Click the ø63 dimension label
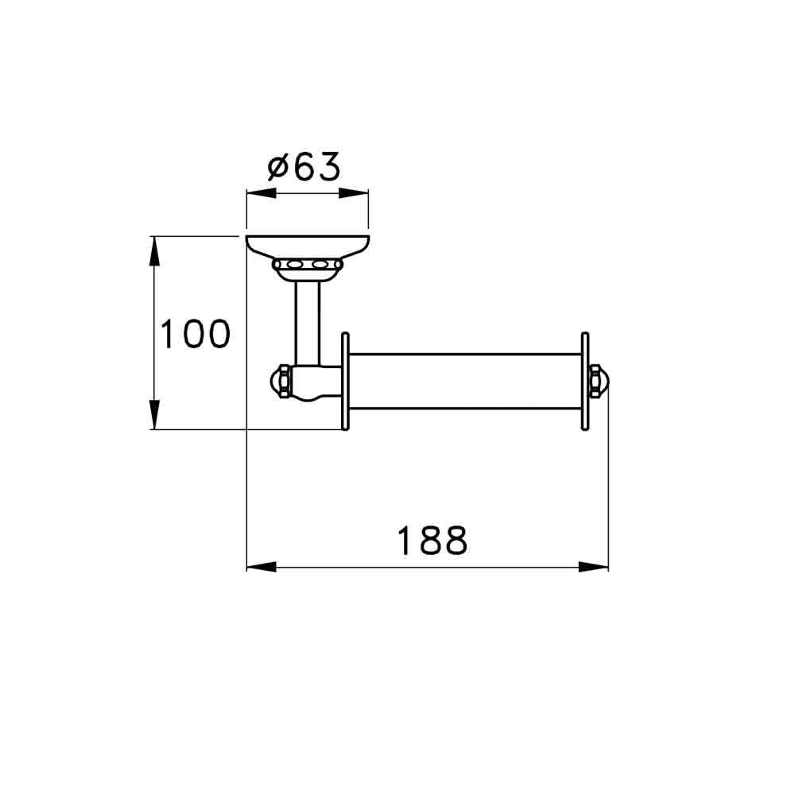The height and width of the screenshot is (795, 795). [x=304, y=167]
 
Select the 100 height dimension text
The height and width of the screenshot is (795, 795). [x=195, y=335]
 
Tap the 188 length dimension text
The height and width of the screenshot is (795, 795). [x=432, y=541]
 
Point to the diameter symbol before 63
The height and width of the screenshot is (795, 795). [x=277, y=168]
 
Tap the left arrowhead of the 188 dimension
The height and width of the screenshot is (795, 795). [x=261, y=567]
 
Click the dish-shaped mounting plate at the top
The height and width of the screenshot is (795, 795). [x=308, y=246]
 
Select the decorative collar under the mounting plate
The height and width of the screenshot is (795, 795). [x=308, y=266]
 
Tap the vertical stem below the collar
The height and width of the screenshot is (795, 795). [x=308, y=322]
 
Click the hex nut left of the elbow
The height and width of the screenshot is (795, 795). [x=281, y=382]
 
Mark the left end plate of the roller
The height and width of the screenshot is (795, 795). [x=345, y=382]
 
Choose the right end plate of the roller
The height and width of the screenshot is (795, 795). [x=585, y=382]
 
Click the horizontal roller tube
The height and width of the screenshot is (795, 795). [x=465, y=382]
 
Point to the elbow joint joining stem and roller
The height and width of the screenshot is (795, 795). [x=314, y=383]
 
